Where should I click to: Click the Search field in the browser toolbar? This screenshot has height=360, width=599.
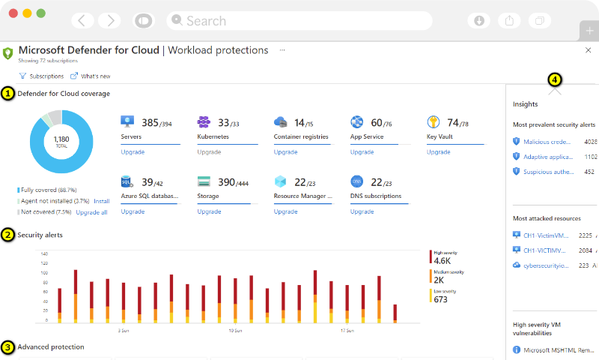[x=299, y=21]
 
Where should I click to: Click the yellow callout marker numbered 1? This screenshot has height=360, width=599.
[x=8, y=94]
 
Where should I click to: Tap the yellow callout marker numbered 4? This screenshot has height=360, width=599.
[x=554, y=79]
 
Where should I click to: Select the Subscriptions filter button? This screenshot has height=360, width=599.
[x=41, y=76]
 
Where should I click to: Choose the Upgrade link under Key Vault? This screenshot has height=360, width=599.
[x=437, y=151]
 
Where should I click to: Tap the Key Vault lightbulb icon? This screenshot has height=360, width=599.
[x=433, y=122]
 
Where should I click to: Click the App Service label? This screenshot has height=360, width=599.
[x=367, y=137]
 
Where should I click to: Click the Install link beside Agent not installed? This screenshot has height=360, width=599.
[x=102, y=201]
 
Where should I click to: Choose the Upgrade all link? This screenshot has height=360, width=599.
[x=92, y=212]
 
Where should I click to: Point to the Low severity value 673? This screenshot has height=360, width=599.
[x=440, y=299]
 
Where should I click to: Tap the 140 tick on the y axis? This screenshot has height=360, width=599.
[x=44, y=253]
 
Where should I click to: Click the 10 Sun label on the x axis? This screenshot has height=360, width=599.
[x=234, y=330]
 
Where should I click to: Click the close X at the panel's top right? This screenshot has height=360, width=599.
[x=588, y=50]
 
